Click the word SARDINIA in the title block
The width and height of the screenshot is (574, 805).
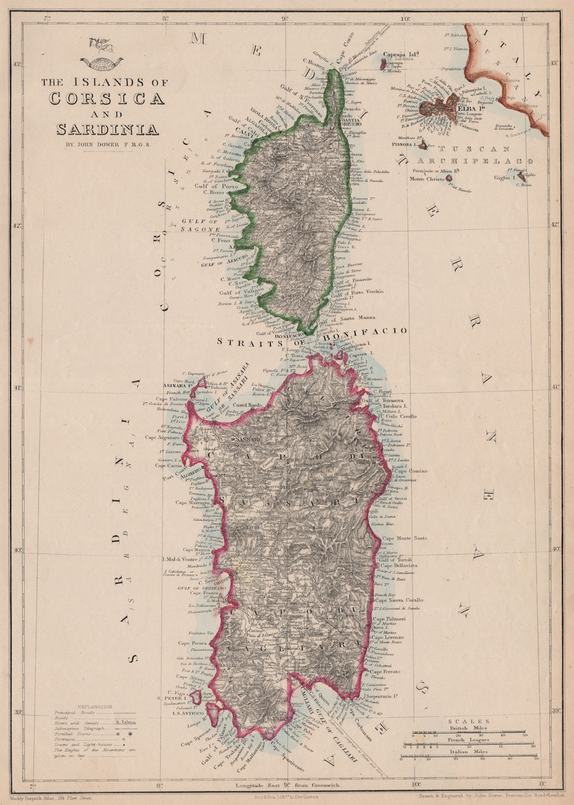click(108, 129)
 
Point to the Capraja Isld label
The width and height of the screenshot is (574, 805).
click(401, 54)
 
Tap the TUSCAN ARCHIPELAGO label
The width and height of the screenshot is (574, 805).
click(468, 154)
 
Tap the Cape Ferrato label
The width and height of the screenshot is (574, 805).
click(385, 672)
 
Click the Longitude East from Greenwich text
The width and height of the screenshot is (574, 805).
click(291, 785)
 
